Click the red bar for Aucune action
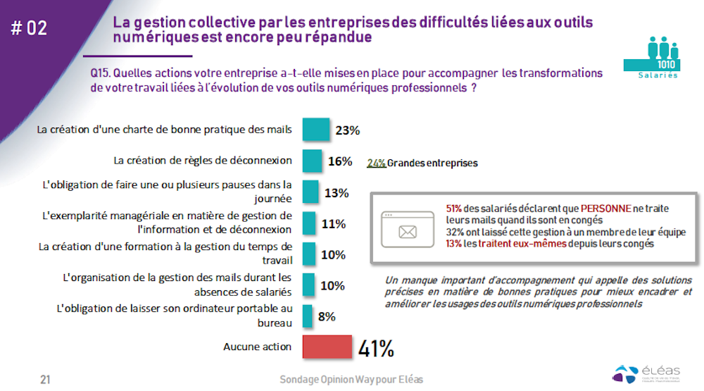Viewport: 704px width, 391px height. pos(327,347)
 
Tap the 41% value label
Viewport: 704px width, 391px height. pos(376,348)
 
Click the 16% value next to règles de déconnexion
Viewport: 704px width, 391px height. pos(340,161)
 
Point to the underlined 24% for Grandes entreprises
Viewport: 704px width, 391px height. pos(376,163)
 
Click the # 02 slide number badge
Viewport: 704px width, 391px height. pos(30,28)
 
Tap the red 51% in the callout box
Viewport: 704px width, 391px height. pos(454,209)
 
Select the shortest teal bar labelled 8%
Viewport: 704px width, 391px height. pos(307,316)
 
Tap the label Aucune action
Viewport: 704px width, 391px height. pos(257,347)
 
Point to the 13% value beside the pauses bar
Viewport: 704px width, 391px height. pos(337,193)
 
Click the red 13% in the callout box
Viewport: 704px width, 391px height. pos(454,244)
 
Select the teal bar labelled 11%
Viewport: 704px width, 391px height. pos(308,223)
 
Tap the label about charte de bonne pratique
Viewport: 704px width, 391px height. pos(163,130)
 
